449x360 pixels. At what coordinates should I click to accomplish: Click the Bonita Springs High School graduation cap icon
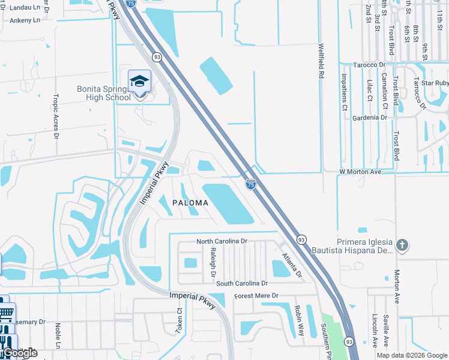(139, 82)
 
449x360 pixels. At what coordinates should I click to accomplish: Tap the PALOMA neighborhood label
(190, 203)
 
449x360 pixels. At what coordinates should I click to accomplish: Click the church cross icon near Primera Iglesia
(402, 245)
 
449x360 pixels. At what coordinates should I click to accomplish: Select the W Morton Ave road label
(360, 172)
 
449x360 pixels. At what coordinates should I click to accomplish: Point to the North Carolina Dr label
(222, 241)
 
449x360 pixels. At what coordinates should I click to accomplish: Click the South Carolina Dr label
(242, 283)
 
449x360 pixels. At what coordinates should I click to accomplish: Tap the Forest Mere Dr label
(257, 296)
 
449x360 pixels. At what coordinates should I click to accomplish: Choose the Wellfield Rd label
(322, 61)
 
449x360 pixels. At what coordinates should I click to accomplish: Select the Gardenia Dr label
(370, 118)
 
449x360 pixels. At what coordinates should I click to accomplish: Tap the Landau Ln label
(20, 8)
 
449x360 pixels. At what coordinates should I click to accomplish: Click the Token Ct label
(178, 322)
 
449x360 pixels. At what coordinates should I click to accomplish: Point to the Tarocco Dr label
(369, 65)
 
